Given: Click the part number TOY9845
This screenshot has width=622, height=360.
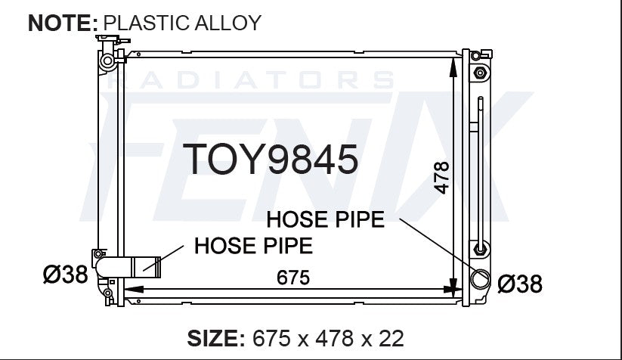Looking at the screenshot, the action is coord(270,159).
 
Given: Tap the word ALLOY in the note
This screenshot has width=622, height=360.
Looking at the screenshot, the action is coord(227,23).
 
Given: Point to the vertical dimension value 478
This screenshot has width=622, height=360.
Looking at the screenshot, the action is coord(441,178).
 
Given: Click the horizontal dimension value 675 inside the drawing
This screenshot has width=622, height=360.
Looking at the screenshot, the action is coord(293,278).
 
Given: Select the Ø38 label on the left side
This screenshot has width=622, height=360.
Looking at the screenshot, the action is coord(66,275).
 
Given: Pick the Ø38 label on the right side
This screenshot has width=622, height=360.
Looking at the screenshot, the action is coord(520,284).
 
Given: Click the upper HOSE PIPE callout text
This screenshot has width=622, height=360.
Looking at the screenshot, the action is coord(325,219).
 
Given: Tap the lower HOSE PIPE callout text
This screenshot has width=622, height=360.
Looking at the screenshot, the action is coord(253,246).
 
